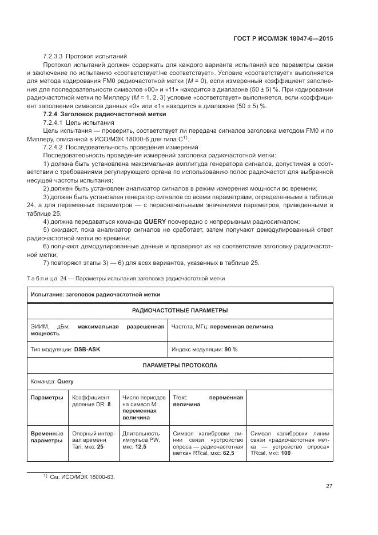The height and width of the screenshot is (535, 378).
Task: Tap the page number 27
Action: point(329,486)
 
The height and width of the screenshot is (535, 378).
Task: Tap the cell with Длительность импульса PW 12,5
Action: point(142,442)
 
